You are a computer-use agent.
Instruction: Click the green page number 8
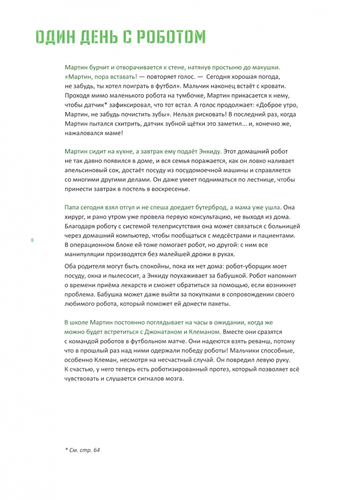(32, 240)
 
